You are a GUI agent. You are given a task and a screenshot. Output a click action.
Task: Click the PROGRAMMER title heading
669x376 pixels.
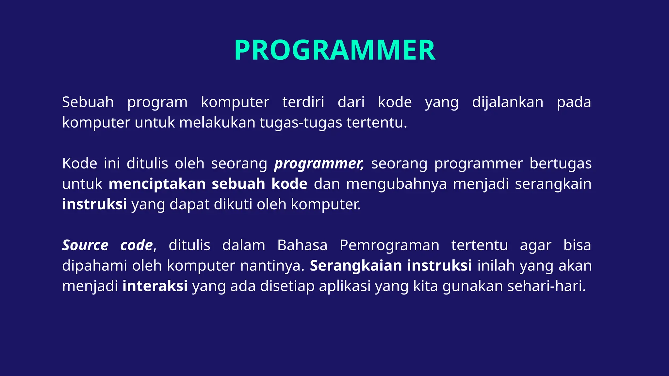334,50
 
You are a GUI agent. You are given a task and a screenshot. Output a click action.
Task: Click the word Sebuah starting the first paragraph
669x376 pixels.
88,102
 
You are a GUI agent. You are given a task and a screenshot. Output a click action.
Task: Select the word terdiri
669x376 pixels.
303,102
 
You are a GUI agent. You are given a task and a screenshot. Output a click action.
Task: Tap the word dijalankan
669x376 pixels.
508,102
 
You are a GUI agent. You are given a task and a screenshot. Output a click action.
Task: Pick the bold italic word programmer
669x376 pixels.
319,164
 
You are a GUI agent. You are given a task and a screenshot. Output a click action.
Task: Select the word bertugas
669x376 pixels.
560,164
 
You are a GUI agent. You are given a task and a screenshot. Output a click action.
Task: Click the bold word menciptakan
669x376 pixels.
157,184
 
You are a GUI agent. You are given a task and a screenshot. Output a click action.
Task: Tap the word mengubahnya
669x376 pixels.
396,184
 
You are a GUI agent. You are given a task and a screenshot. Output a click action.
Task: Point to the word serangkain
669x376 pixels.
553,184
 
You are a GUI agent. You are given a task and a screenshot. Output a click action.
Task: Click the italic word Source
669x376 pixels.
85,245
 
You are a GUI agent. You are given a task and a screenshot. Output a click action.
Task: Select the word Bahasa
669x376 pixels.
302,245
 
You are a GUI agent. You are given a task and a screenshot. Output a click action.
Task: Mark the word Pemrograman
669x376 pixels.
389,245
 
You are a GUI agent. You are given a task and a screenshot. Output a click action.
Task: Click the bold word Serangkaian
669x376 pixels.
355,266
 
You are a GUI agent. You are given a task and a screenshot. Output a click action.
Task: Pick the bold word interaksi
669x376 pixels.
155,286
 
